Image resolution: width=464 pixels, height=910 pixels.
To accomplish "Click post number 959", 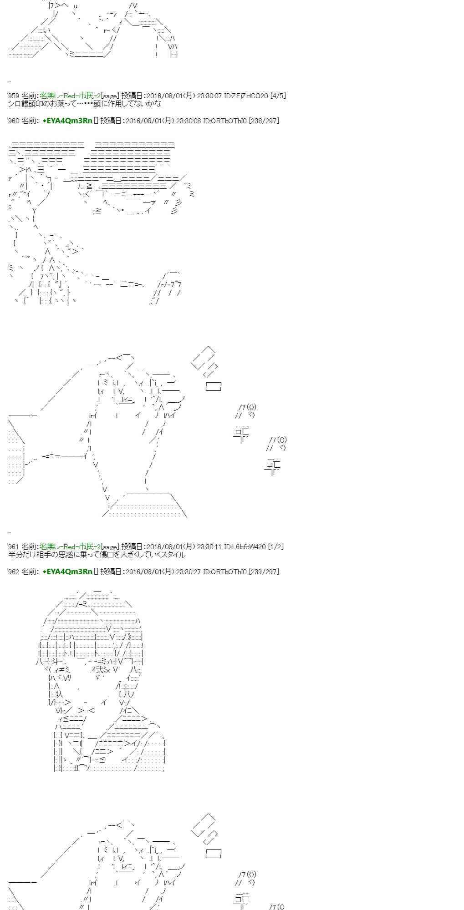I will coord(14,96).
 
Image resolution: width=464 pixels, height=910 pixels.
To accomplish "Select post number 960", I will coord(14,121).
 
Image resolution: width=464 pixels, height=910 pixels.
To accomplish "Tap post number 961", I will coord(14,546).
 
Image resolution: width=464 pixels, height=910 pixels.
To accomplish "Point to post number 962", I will coord(14,571).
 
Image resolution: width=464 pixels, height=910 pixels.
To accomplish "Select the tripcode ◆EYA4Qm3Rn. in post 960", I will coord(67,121).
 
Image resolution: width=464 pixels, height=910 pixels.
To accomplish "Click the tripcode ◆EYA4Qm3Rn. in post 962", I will coord(67,571).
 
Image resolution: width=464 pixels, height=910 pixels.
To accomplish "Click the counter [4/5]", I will coord(278,96).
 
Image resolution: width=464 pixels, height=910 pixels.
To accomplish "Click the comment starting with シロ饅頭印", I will coord(85,104).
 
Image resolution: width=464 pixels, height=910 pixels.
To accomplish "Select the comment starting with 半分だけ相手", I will coord(97,555).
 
